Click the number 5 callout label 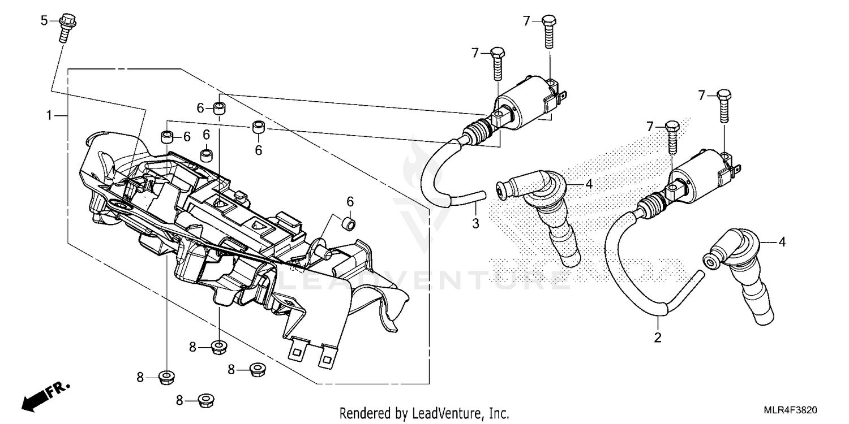[x=44, y=21]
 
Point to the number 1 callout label [x=50, y=115]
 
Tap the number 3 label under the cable [x=475, y=223]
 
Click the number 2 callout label [x=658, y=338]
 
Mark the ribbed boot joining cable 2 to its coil [x=654, y=205]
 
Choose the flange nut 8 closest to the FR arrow [x=166, y=377]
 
